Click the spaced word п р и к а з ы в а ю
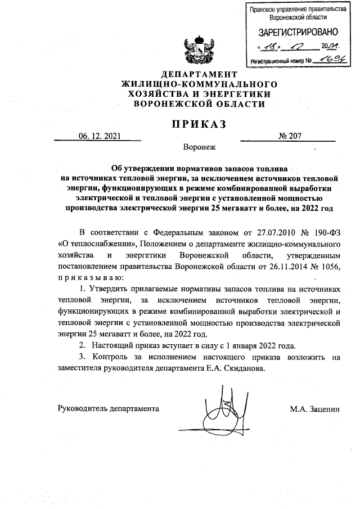(86, 277)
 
